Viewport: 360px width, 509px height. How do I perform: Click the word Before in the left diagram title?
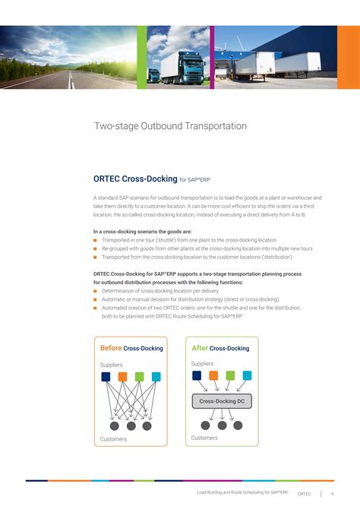(110, 348)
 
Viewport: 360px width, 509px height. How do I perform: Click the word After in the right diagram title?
(200, 348)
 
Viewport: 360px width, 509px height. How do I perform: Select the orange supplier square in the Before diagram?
(122, 377)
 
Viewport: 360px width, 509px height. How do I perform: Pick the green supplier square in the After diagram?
(230, 375)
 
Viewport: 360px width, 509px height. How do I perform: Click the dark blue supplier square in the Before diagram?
(106, 377)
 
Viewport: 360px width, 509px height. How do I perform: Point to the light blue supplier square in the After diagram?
(247, 375)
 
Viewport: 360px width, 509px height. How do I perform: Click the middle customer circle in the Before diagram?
(131, 425)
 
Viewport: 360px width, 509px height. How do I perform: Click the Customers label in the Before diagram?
(113, 439)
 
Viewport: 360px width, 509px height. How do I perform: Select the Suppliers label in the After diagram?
(202, 364)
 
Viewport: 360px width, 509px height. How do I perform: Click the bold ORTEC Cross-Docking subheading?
(134, 179)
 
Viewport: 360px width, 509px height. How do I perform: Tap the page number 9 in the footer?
(333, 493)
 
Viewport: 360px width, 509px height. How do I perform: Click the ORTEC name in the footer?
(305, 493)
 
